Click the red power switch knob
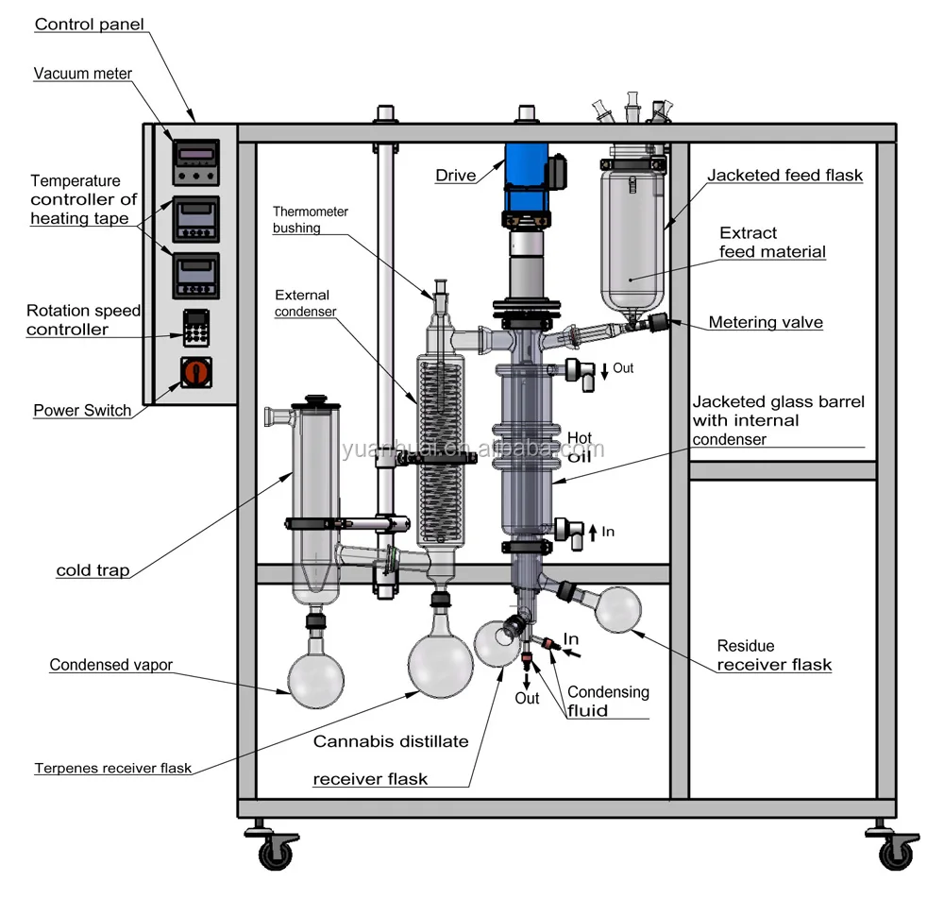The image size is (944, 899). click(x=196, y=372)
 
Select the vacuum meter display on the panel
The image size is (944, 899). click(x=196, y=162)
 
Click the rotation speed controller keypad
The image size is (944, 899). click(x=196, y=329)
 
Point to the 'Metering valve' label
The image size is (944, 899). click(x=766, y=322)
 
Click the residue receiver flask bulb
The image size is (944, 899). click(x=617, y=610)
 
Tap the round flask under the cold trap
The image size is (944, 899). click(x=316, y=680)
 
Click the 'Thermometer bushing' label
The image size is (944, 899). click(x=310, y=220)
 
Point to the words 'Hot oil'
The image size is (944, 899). click(x=580, y=447)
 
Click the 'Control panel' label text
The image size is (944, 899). click(x=89, y=25)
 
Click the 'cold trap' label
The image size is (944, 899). click(x=93, y=570)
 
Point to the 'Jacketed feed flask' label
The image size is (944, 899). click(x=784, y=176)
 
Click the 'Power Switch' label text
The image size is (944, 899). click(x=82, y=410)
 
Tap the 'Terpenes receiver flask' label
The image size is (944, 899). click(x=113, y=768)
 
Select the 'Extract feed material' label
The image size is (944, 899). click(x=772, y=242)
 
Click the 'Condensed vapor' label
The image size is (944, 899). click(x=110, y=665)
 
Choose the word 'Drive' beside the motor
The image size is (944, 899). click(x=456, y=176)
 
